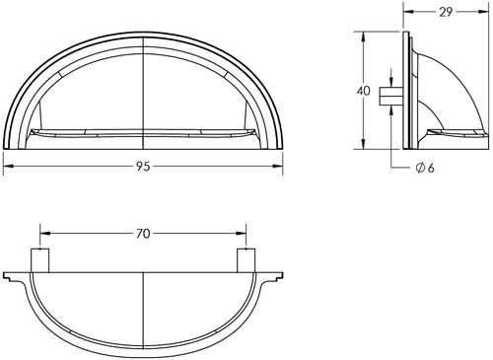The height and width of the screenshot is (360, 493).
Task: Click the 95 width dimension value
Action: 143,167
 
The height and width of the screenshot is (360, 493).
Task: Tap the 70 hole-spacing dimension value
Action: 143,234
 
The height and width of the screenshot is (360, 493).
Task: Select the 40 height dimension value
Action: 363,91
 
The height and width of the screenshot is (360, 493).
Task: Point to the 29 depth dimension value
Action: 446,12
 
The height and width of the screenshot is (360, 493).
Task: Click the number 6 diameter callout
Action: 431,168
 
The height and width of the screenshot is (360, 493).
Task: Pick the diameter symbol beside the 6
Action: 420,168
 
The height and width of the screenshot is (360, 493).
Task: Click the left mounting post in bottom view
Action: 39,260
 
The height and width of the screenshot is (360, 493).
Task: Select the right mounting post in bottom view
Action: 246,260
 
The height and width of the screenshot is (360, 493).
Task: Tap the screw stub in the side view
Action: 391,97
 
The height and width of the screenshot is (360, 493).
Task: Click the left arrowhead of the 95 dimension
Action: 8,167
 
